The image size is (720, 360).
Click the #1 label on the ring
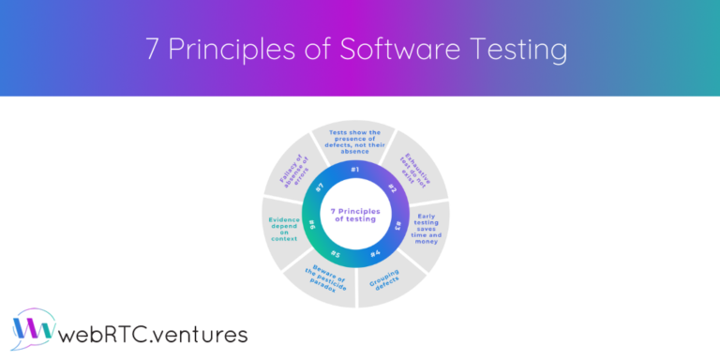354,169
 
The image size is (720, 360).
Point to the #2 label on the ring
392,189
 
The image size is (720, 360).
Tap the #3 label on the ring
397,226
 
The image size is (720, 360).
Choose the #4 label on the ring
375,253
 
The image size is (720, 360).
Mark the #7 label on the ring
320,187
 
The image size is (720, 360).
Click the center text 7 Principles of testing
355,215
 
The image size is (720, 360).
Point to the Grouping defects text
388,278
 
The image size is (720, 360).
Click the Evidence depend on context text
283,229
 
